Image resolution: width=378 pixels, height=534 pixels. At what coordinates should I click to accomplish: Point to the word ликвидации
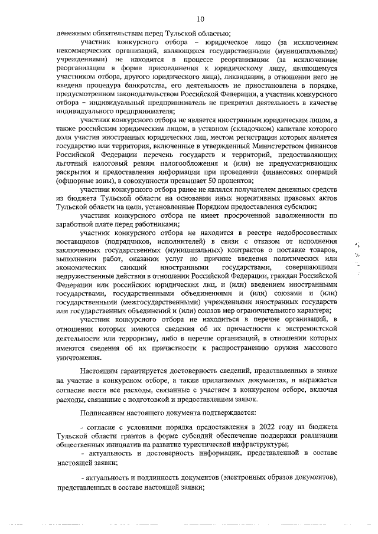(220, 77)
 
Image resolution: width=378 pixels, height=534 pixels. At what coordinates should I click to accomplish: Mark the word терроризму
(132, 340)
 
